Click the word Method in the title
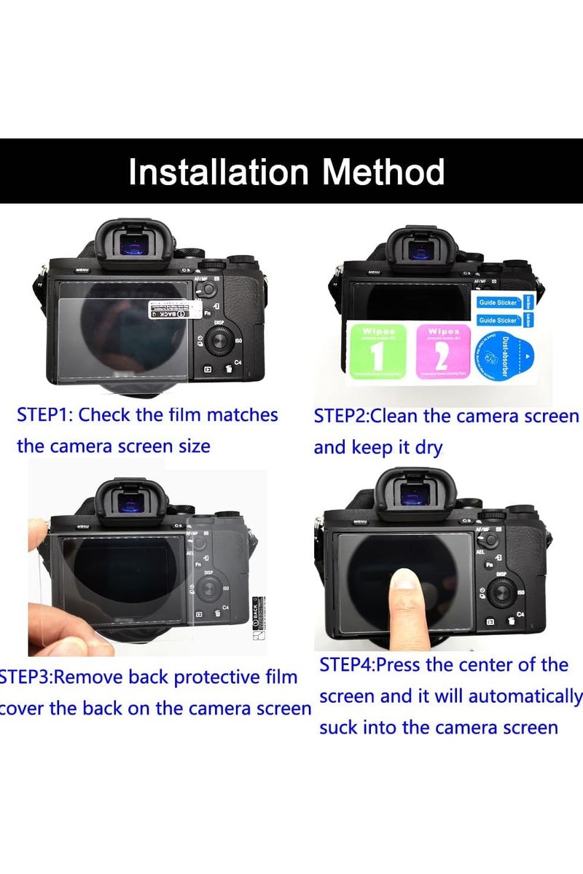[x=384, y=173]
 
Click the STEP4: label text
[x=348, y=665]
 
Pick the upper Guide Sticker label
[x=498, y=302]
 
